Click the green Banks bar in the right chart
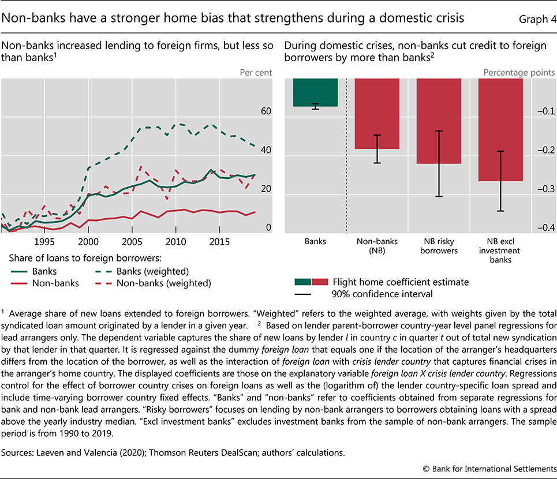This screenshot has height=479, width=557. click(x=315, y=92)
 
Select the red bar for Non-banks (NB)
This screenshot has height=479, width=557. click(x=377, y=114)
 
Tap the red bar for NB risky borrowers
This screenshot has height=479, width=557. click(x=439, y=121)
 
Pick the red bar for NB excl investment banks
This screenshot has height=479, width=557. click(x=500, y=130)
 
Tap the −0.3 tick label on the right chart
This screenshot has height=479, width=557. click(x=545, y=189)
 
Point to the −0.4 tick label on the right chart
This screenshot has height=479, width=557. click(x=545, y=227)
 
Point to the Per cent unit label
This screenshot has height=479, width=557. click(x=256, y=72)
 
